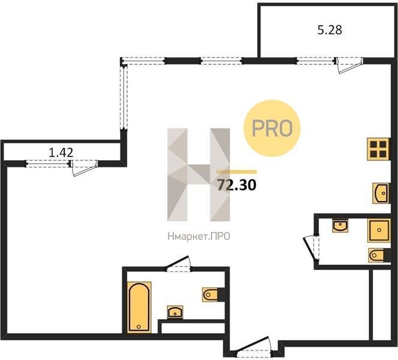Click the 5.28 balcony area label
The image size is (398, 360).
330,30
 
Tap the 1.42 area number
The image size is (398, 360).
61,152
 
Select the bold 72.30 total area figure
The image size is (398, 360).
237,185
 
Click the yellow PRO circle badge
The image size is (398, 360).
272,128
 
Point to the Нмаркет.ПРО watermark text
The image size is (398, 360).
199,236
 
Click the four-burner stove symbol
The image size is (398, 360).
378,149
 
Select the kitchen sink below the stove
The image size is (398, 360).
381,193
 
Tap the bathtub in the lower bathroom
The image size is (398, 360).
138,307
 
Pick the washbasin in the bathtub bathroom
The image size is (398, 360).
175,312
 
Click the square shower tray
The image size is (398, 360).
379,230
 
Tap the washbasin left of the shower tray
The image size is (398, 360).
340,226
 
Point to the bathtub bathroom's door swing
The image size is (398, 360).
178,264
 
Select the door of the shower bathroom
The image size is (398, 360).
311,248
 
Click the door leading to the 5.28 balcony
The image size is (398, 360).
349,65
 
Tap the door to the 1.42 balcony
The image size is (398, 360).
85,167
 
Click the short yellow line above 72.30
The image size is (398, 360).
237,172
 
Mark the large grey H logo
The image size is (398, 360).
199,175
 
